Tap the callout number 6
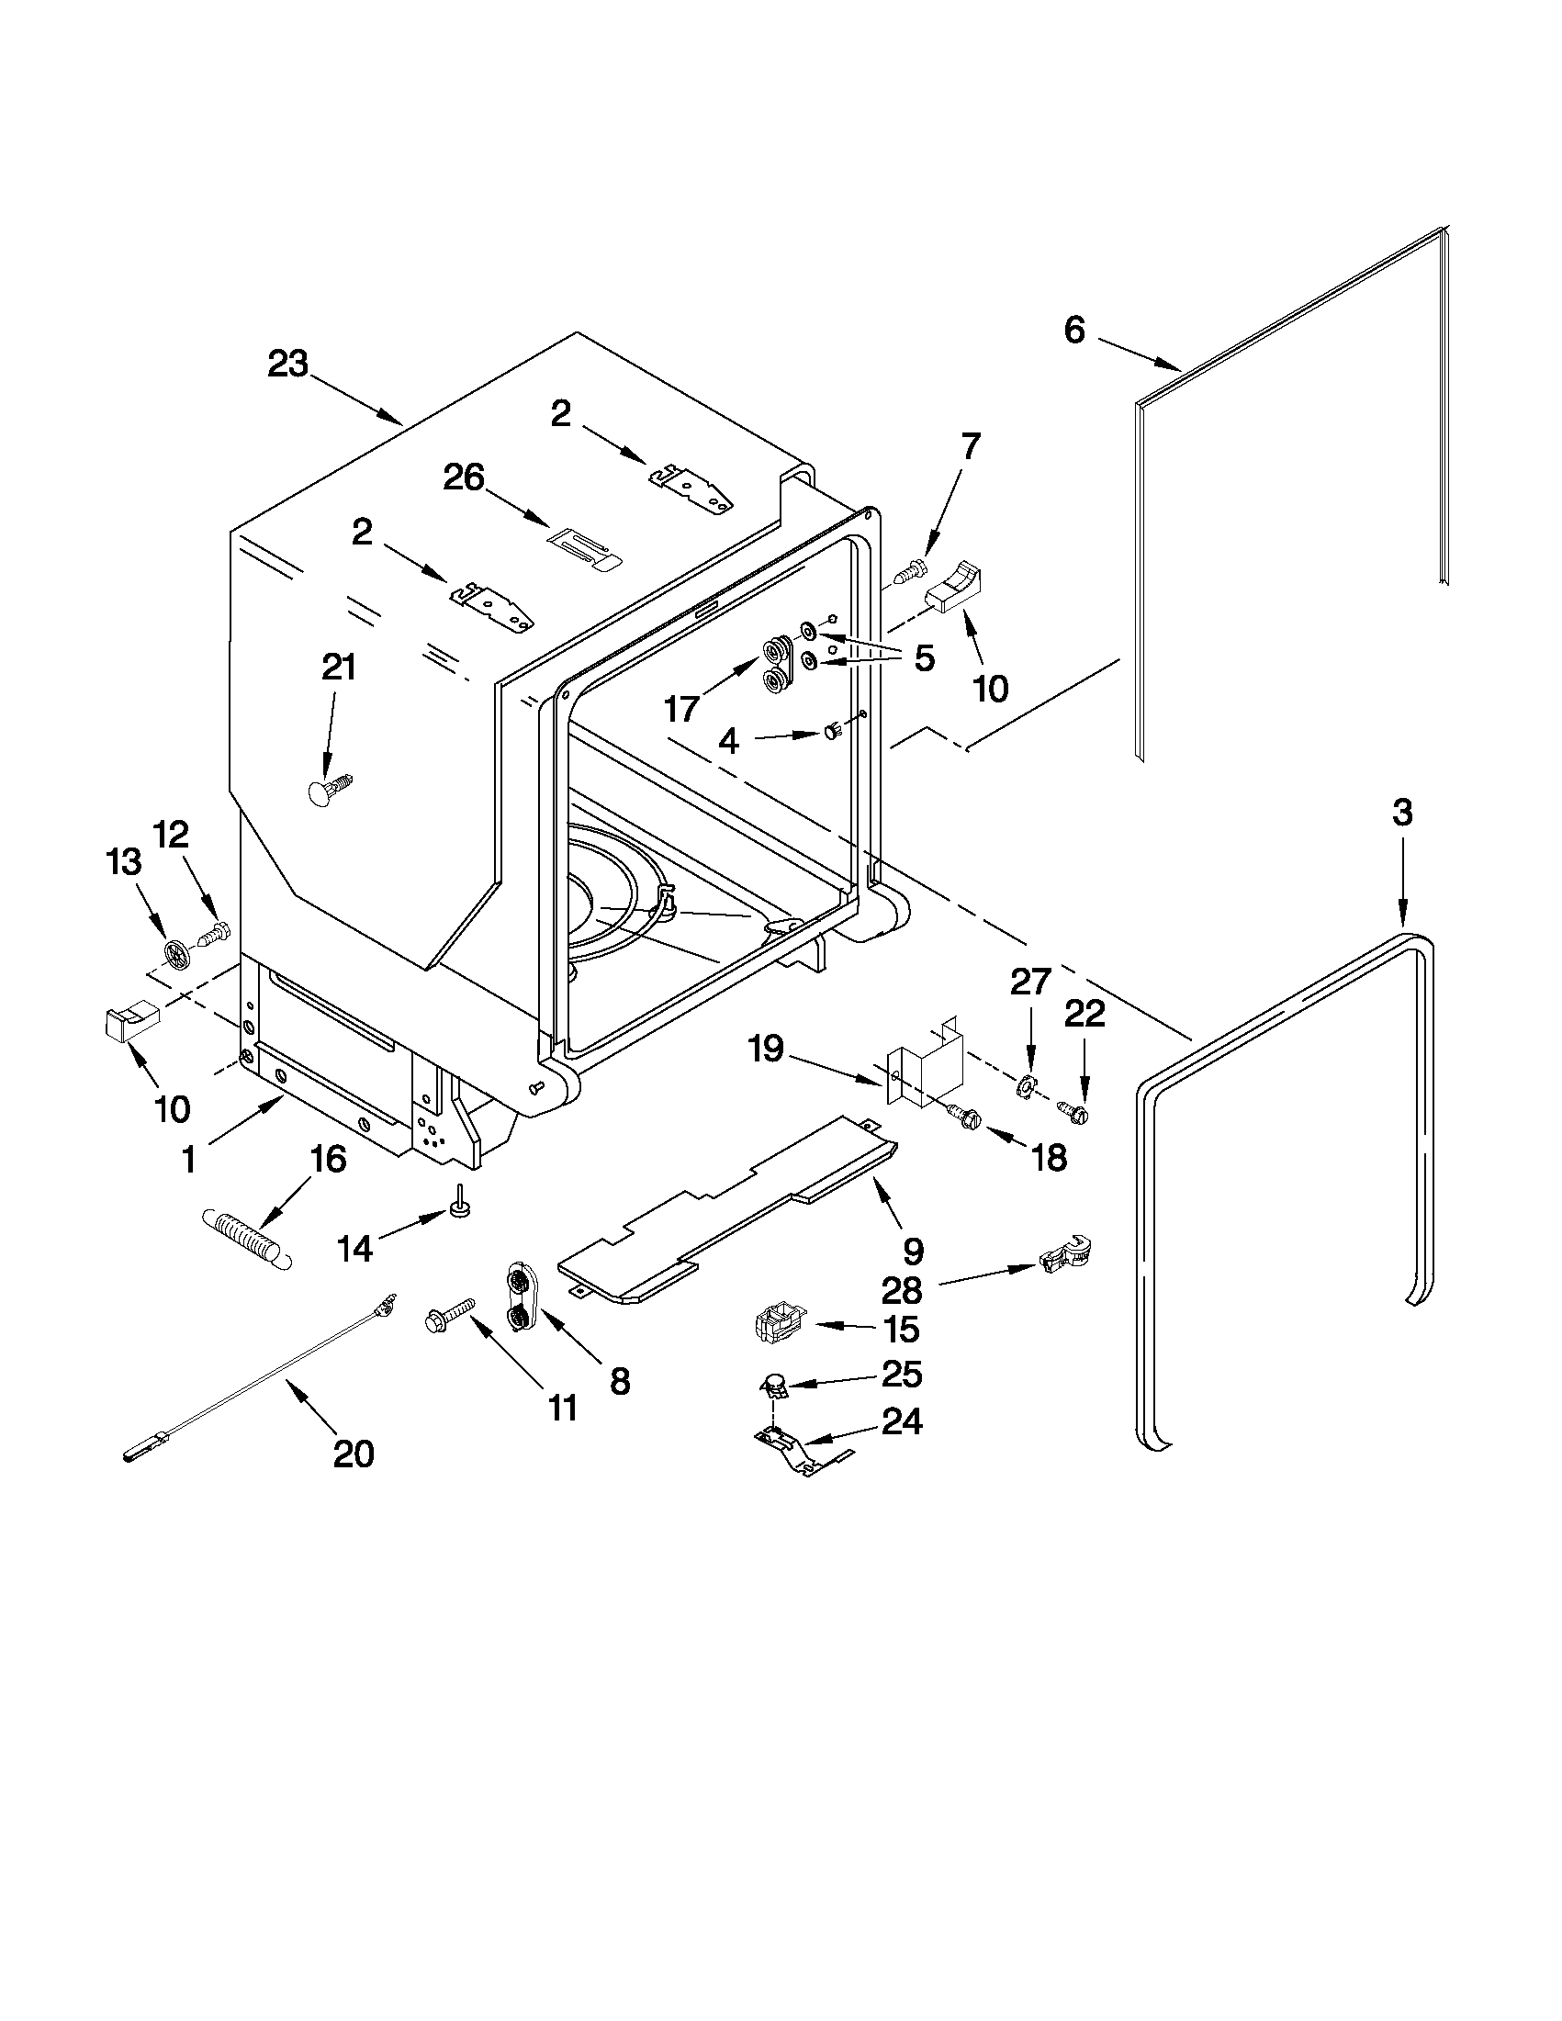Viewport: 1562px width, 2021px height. (1073, 331)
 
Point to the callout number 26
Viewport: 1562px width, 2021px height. (464, 477)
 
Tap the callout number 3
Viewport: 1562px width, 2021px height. (1402, 814)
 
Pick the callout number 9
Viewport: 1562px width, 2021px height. (913, 1252)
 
